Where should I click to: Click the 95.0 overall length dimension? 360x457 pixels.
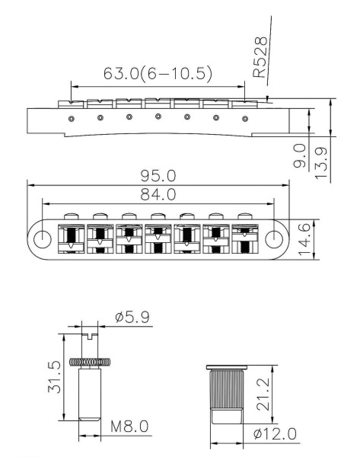[x=158, y=176]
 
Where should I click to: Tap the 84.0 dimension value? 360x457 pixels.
[x=158, y=194]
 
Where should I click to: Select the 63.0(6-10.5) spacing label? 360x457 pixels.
[x=158, y=73]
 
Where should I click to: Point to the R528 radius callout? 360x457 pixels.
[x=260, y=57]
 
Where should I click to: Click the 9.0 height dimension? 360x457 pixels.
[x=300, y=155]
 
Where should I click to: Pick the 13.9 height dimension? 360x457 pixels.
[x=321, y=163]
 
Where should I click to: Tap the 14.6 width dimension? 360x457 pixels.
[x=304, y=240]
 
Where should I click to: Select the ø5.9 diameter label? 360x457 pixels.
[x=132, y=317]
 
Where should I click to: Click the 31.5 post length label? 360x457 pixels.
[x=55, y=377]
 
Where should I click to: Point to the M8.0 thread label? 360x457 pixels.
[x=129, y=427]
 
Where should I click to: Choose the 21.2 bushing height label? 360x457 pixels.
[x=263, y=395]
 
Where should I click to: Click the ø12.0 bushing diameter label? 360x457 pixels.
[x=275, y=433]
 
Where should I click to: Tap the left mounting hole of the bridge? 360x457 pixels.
[x=43, y=239]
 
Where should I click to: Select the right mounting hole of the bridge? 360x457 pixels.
[x=274, y=238]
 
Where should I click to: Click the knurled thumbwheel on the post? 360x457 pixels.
[x=90, y=362]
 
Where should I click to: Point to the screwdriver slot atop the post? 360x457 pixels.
[x=90, y=337]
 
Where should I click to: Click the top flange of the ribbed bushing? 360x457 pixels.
[x=227, y=367]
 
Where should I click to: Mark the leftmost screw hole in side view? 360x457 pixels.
[x=72, y=119]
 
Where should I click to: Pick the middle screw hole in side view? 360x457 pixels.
[x=158, y=117]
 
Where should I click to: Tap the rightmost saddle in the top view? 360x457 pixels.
[x=245, y=238]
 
